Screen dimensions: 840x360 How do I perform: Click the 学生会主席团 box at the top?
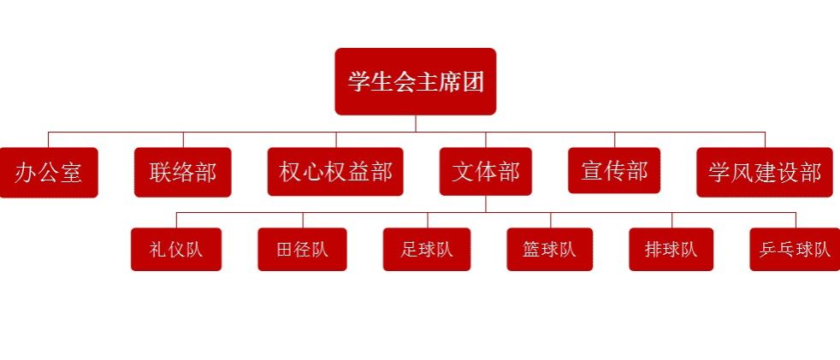click(x=415, y=81)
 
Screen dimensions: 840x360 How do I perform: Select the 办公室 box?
click(x=49, y=173)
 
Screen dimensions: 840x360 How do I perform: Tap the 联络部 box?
click(x=183, y=173)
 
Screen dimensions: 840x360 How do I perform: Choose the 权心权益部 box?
click(x=335, y=172)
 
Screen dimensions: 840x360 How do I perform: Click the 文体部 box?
click(x=485, y=171)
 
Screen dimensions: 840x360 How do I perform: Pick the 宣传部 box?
click(x=614, y=170)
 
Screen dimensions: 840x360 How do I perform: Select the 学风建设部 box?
click(x=765, y=173)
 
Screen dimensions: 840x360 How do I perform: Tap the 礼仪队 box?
click(x=176, y=250)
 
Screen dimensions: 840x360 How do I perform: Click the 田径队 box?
click(x=302, y=250)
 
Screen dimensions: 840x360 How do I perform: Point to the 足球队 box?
click(x=427, y=250)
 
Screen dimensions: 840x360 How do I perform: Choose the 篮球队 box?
click(x=550, y=250)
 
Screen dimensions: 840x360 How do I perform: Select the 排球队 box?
click(x=671, y=250)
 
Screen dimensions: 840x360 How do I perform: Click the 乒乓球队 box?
click(x=795, y=250)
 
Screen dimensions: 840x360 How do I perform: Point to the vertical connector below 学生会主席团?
click(x=416, y=123)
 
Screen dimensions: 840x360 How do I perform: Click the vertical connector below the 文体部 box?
click(x=486, y=204)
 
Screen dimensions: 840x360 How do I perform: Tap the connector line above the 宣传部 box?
click(x=614, y=140)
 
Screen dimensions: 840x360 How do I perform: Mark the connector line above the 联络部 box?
click(x=183, y=140)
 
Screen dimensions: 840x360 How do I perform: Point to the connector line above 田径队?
click(x=303, y=220)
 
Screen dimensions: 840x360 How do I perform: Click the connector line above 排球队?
click(x=671, y=220)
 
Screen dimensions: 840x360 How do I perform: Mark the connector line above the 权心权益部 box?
click(x=336, y=140)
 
